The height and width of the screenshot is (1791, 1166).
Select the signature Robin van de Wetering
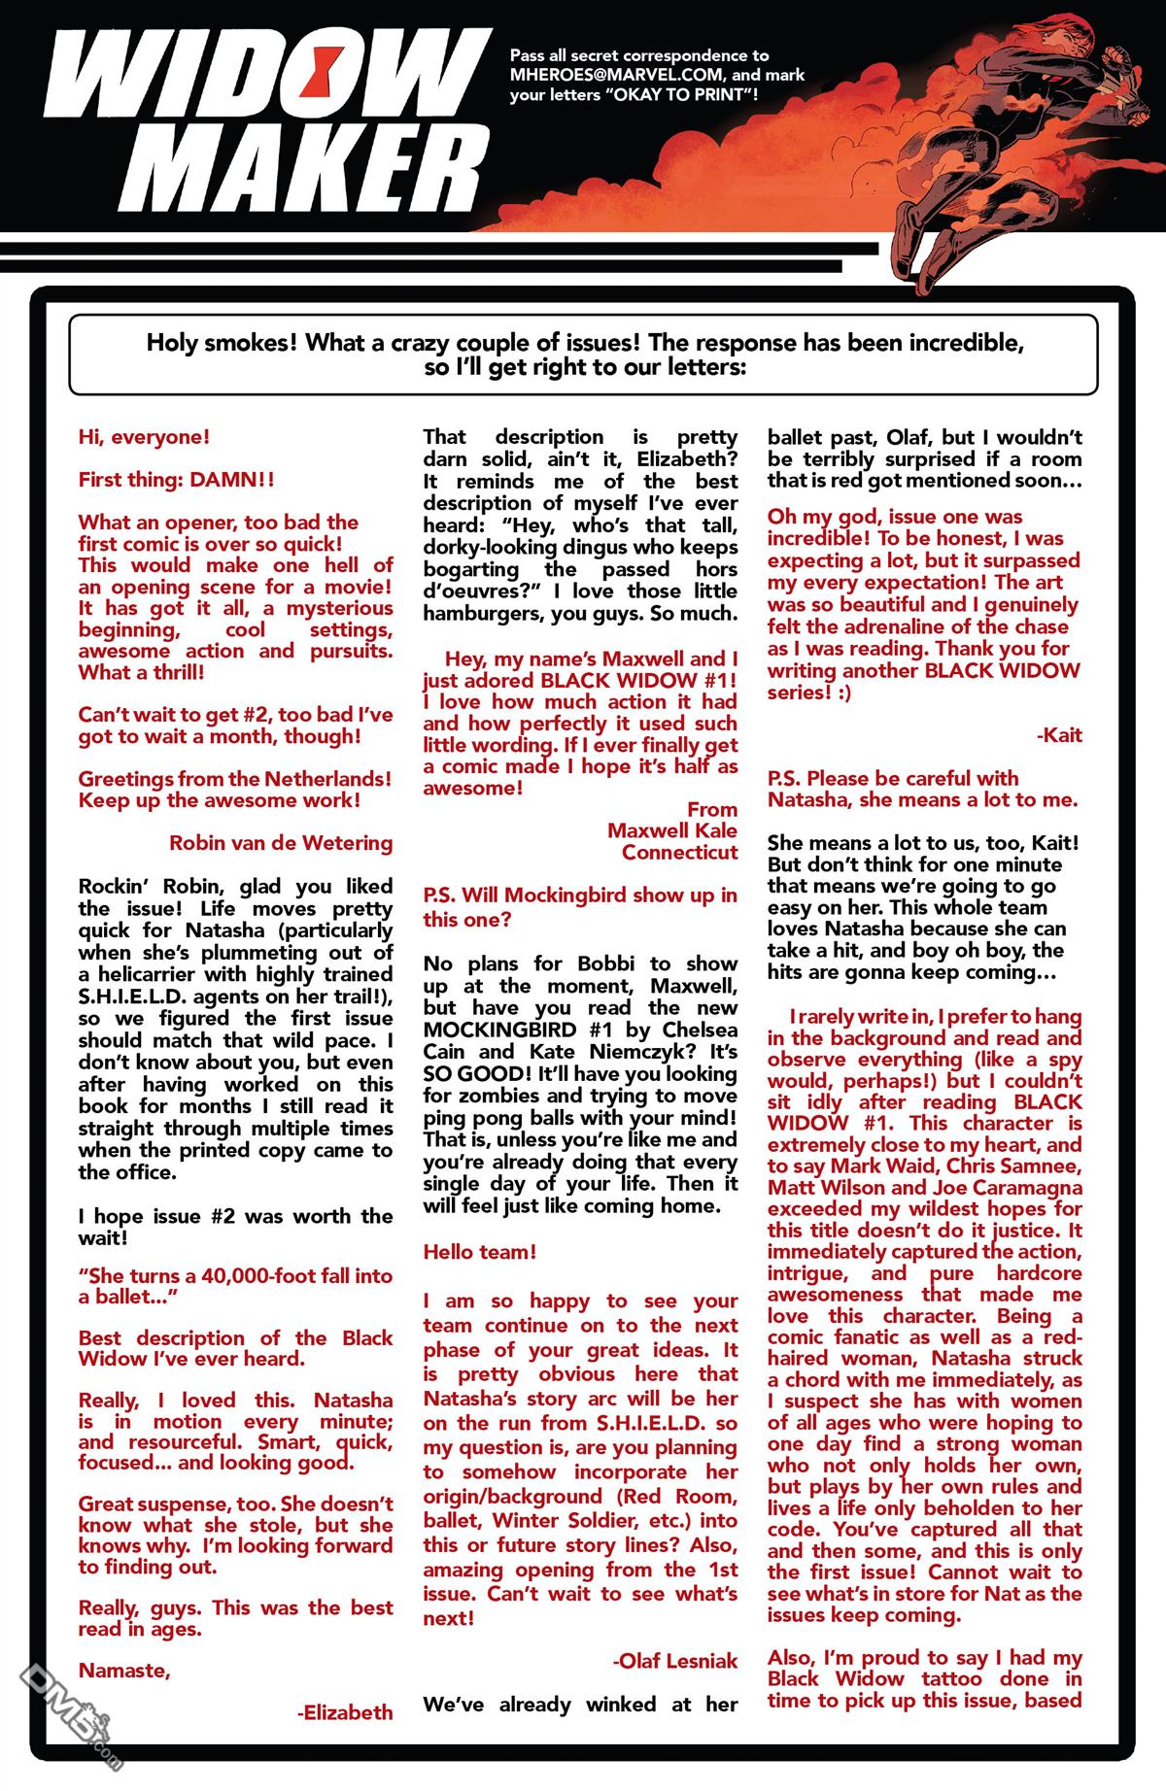[281, 842]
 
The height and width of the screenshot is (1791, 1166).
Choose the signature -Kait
[1059, 735]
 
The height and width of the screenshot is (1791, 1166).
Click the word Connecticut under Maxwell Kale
[679, 852]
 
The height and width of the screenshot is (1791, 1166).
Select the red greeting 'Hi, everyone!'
[144, 437]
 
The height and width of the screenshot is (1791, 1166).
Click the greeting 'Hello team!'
[479, 1252]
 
